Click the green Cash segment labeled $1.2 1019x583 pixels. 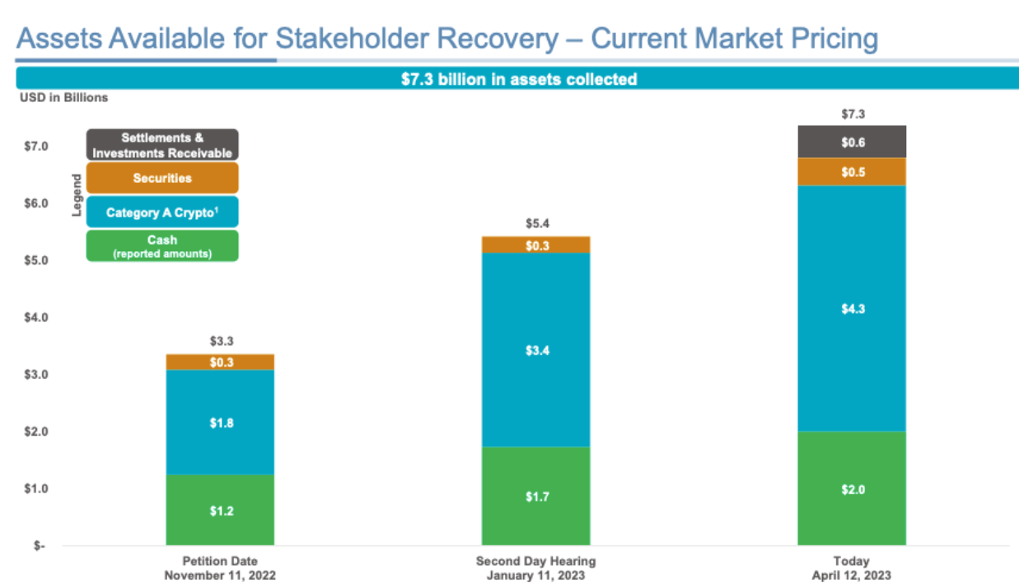pyautogui.click(x=220, y=510)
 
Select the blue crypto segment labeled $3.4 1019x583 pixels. pyautogui.click(x=535, y=350)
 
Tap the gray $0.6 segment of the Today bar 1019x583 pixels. pyautogui.click(x=852, y=142)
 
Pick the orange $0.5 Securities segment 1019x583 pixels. pyautogui.click(x=852, y=172)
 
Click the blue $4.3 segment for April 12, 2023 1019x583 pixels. pyautogui.click(x=852, y=309)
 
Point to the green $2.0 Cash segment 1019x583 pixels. pyautogui.click(x=852, y=489)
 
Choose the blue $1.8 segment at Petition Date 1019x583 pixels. pyautogui.click(x=220, y=422)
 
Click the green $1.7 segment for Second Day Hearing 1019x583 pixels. pyautogui.click(x=535, y=497)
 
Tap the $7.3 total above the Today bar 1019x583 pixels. pyautogui.click(x=852, y=114)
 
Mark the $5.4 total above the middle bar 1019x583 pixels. pyautogui.click(x=536, y=223)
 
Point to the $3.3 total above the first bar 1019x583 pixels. pyautogui.click(x=220, y=340)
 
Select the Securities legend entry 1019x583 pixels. pyautogui.click(x=162, y=178)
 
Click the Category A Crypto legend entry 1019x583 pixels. pyautogui.click(x=162, y=212)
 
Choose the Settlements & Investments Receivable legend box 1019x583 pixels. pyautogui.click(x=162, y=145)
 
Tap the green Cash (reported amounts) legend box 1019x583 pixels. pyautogui.click(x=162, y=245)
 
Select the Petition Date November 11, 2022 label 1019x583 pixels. pyautogui.click(x=220, y=568)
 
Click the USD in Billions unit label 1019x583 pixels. pyautogui.click(x=63, y=97)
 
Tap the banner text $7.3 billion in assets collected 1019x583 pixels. pyautogui.click(x=517, y=79)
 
